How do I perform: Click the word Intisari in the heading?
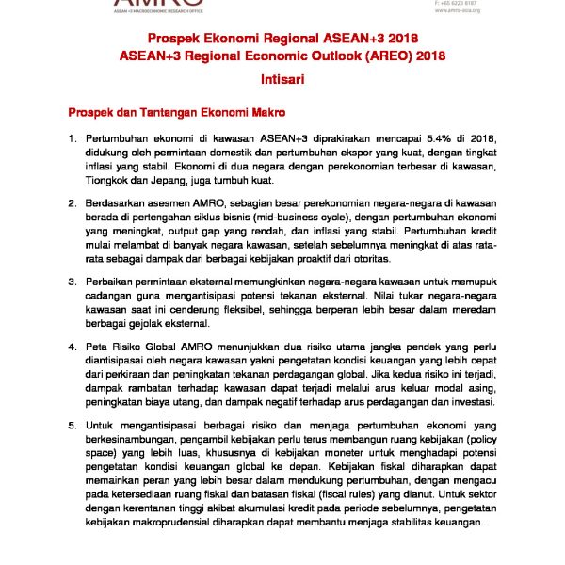[x=282, y=82]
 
